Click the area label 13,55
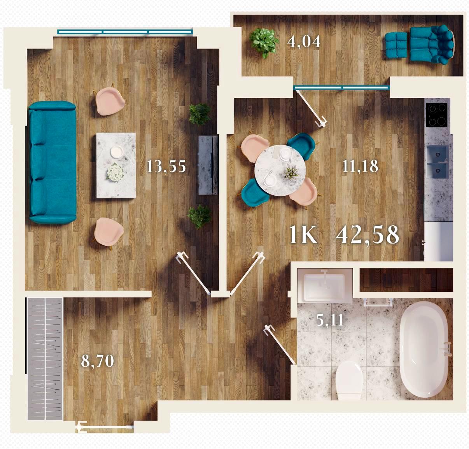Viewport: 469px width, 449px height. (x=166, y=166)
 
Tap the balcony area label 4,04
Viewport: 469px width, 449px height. (x=304, y=42)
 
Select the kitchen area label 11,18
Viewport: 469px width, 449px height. (x=360, y=166)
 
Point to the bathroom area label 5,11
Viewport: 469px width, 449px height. (x=330, y=320)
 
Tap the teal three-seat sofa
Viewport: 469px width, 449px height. (x=52, y=162)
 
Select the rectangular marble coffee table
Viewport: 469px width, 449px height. (x=116, y=165)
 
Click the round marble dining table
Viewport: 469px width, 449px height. (x=280, y=171)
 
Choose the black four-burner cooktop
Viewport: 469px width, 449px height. (x=437, y=115)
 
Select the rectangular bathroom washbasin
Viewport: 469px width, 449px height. (x=324, y=285)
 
